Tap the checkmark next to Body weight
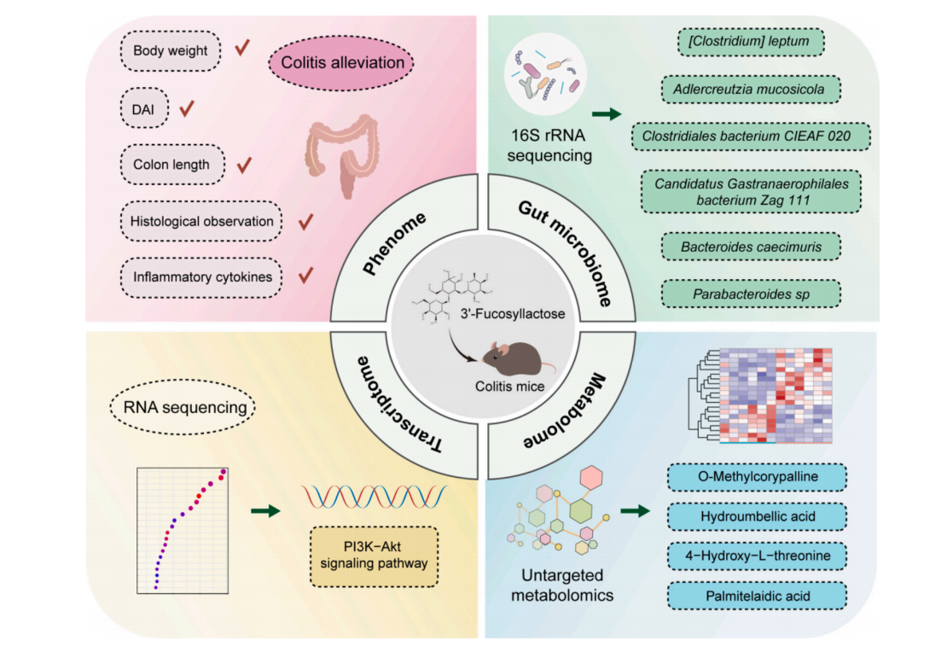pyautogui.click(x=243, y=48)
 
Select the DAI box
pyautogui.click(x=144, y=108)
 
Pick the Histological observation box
pyautogui.click(x=201, y=221)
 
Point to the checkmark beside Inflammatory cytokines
pyautogui.click(x=305, y=275)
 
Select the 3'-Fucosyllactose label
pyautogui.click(x=532, y=315)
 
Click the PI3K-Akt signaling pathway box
pyautogui.click(x=374, y=556)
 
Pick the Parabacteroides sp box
pyautogui.click(x=751, y=294)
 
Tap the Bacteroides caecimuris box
pyautogui.click(x=751, y=247)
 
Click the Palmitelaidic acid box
pyautogui.click(x=755, y=596)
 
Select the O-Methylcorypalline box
pyautogui.click(x=755, y=477)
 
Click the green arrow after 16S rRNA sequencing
pyautogui.click(x=606, y=114)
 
